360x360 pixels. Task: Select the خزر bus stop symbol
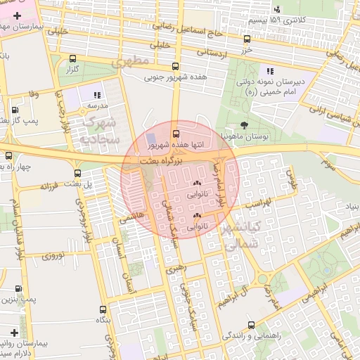point(247,39)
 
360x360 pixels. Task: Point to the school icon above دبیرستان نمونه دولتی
point(269,70)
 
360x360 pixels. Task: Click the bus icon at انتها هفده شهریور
point(176,132)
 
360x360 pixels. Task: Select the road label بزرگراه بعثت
point(162,161)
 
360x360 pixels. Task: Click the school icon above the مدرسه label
point(97,94)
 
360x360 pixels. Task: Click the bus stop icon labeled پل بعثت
point(77,173)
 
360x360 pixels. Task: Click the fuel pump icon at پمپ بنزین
point(18,288)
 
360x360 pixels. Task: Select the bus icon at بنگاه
point(103,309)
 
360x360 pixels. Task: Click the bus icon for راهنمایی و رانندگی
point(251,325)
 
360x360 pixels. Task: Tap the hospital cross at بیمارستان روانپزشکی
point(14,331)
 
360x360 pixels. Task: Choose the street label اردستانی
point(214,52)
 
